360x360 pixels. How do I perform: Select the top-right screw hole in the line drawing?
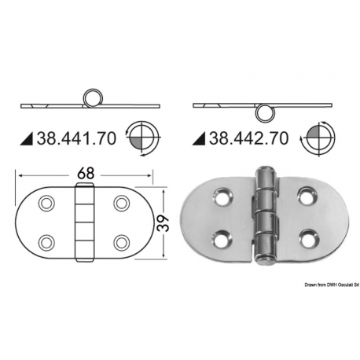121,203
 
